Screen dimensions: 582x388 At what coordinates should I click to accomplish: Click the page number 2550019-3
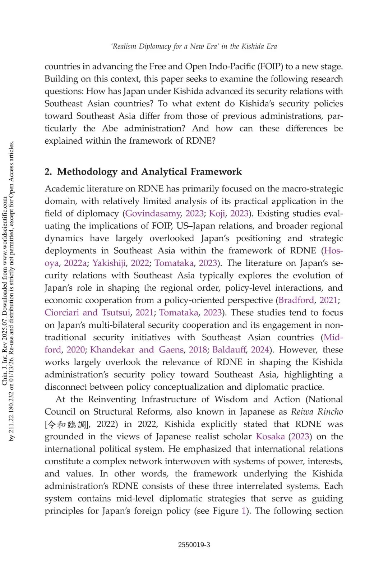tap(194, 545)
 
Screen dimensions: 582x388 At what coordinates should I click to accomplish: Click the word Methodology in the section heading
tap(87, 172)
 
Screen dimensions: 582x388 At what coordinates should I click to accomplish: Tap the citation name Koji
tap(217, 213)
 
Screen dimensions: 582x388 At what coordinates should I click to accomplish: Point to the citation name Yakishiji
tap(109, 263)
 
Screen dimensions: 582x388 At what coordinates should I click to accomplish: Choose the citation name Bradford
tap(296, 300)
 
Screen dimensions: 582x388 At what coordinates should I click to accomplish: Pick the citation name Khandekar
tap(112, 350)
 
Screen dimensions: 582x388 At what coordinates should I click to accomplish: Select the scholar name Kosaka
tap(270, 436)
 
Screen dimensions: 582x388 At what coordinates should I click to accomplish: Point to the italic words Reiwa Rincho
tap(317, 412)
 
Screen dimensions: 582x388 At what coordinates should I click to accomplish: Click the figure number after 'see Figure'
tap(244, 511)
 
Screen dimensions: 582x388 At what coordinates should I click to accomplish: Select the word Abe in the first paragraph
tap(110, 128)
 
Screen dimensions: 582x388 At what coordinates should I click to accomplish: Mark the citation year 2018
tap(198, 350)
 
